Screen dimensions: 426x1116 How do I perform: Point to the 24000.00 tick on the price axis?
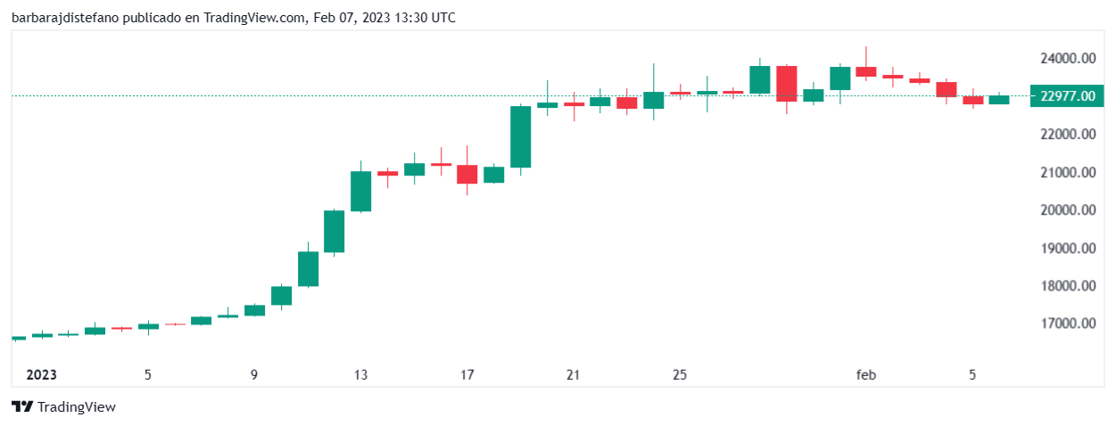(1067, 58)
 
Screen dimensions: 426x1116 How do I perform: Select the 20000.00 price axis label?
(1067, 210)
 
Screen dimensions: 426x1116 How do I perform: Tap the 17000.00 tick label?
(1067, 324)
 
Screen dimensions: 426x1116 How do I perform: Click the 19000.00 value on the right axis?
(1067, 248)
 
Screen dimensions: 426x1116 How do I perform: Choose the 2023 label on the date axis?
(42, 375)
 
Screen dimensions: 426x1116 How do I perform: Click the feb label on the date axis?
(866, 375)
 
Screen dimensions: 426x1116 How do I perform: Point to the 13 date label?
(360, 375)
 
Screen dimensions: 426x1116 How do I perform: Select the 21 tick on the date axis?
(574, 375)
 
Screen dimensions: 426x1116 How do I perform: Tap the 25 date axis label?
(680, 375)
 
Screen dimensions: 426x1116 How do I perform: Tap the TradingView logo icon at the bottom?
(23, 407)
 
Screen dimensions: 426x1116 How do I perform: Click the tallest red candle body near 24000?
(786, 84)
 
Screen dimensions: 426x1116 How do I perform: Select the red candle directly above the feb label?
(866, 71)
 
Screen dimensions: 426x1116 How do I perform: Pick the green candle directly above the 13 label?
(360, 191)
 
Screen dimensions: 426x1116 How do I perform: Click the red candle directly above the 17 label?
(467, 174)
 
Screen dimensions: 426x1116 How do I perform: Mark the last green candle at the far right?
(999, 100)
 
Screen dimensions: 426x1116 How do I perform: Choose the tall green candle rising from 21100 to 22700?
(520, 136)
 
